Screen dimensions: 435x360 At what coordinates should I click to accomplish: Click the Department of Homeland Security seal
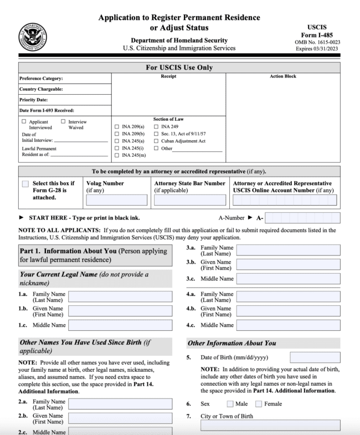pyautogui.click(x=33, y=36)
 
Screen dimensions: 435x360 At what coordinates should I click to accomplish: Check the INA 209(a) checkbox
pyautogui.click(x=116, y=126)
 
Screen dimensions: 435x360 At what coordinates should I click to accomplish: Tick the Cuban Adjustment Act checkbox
pyautogui.click(x=157, y=141)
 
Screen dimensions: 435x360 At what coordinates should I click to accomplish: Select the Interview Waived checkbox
pyautogui.click(x=63, y=121)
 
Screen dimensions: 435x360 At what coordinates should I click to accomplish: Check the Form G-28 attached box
pyautogui.click(x=25, y=183)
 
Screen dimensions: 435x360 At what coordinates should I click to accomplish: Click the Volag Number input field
pyautogui.click(x=116, y=200)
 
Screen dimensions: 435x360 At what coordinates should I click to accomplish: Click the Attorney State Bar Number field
pyautogui.click(x=190, y=200)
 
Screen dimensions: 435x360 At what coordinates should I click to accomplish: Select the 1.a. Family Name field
pyautogui.click(x=120, y=296)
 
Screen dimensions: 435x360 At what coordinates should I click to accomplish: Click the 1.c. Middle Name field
pyautogui.click(x=120, y=325)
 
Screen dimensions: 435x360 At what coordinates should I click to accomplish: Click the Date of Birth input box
pyautogui.click(x=315, y=357)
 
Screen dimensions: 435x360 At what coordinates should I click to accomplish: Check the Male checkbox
pyautogui.click(x=230, y=403)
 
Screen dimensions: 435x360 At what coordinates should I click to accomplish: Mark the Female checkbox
pyautogui.click(x=259, y=403)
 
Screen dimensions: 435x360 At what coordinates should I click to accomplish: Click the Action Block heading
pyautogui.click(x=282, y=76)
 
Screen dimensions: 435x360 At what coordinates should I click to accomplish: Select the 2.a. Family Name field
pyautogui.click(x=120, y=404)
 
